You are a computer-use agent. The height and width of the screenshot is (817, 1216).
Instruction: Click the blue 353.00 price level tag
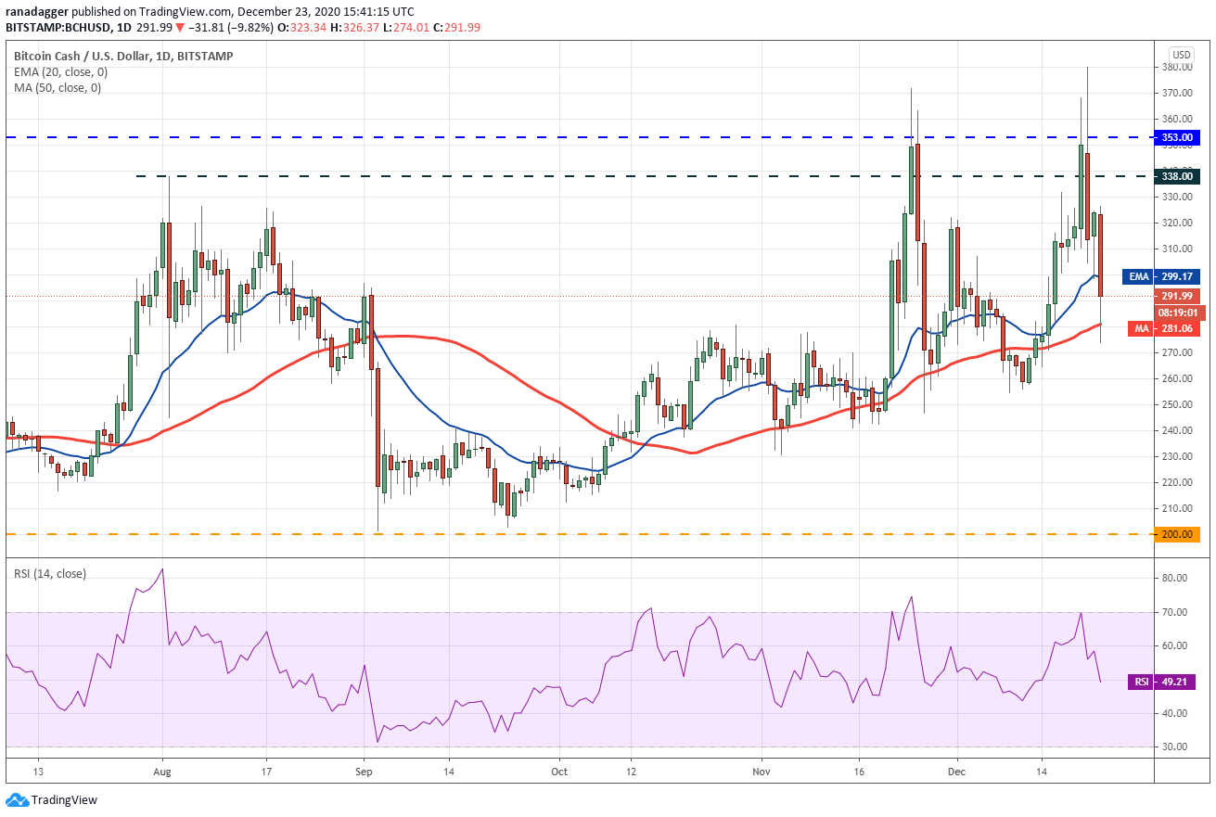[1176, 137]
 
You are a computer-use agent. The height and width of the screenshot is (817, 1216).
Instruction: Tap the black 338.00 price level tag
[1176, 176]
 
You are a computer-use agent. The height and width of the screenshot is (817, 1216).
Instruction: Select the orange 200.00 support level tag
[1176, 534]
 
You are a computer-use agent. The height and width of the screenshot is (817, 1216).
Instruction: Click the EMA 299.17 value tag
[1161, 277]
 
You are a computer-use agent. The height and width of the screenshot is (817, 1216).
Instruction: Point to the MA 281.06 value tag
[1164, 328]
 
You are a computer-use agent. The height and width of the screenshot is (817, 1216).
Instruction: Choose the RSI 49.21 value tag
[1161, 682]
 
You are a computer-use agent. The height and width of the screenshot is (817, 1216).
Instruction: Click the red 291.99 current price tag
[1176, 297]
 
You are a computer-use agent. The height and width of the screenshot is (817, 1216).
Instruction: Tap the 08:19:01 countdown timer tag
[1177, 313]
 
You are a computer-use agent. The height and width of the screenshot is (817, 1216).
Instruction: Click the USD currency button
[1182, 55]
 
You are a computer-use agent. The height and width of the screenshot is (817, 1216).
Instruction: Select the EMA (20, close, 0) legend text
[61, 72]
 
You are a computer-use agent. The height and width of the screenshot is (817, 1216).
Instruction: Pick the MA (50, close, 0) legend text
[58, 88]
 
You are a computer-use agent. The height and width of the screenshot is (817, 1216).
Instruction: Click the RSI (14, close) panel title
[50, 574]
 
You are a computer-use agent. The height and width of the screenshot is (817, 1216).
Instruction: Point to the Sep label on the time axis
[364, 772]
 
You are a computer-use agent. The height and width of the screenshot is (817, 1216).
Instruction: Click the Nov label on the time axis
[762, 772]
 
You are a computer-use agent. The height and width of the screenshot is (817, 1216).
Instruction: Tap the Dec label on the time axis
[957, 772]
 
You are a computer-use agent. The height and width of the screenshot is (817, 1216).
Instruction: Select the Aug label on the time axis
[162, 772]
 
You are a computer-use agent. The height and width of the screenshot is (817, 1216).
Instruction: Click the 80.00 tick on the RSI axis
[1174, 578]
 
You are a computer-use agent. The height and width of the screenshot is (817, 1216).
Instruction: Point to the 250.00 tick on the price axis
[1177, 404]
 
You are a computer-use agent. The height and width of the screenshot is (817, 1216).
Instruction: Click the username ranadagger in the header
[37, 11]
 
